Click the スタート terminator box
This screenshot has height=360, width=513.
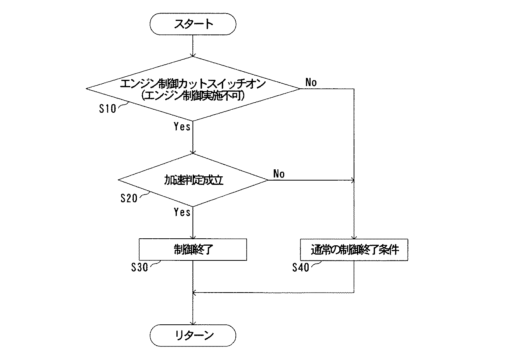coord(193,24)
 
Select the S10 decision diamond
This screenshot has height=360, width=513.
coord(193,89)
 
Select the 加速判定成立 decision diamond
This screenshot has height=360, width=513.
coord(193,180)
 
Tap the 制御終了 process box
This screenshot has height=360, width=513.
coord(193,250)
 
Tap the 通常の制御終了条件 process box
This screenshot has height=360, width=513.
coord(354,250)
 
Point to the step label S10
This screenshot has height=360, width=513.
coord(107,109)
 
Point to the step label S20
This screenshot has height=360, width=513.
coord(129,198)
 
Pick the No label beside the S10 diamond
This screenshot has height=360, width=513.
coord(311,82)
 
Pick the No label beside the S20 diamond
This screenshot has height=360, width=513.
coord(279,174)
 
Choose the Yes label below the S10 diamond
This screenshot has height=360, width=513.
coord(182,127)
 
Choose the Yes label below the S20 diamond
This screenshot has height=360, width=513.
coord(182,212)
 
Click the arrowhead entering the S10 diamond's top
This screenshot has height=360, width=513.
coord(193,55)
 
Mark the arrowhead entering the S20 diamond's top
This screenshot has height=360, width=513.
coord(193,151)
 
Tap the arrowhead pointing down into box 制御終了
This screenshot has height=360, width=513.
coord(193,237)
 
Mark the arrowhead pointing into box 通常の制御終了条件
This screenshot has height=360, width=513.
coord(354,237)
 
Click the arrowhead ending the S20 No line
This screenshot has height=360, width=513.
coord(352,180)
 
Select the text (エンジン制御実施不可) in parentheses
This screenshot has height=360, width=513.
coord(193,96)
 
